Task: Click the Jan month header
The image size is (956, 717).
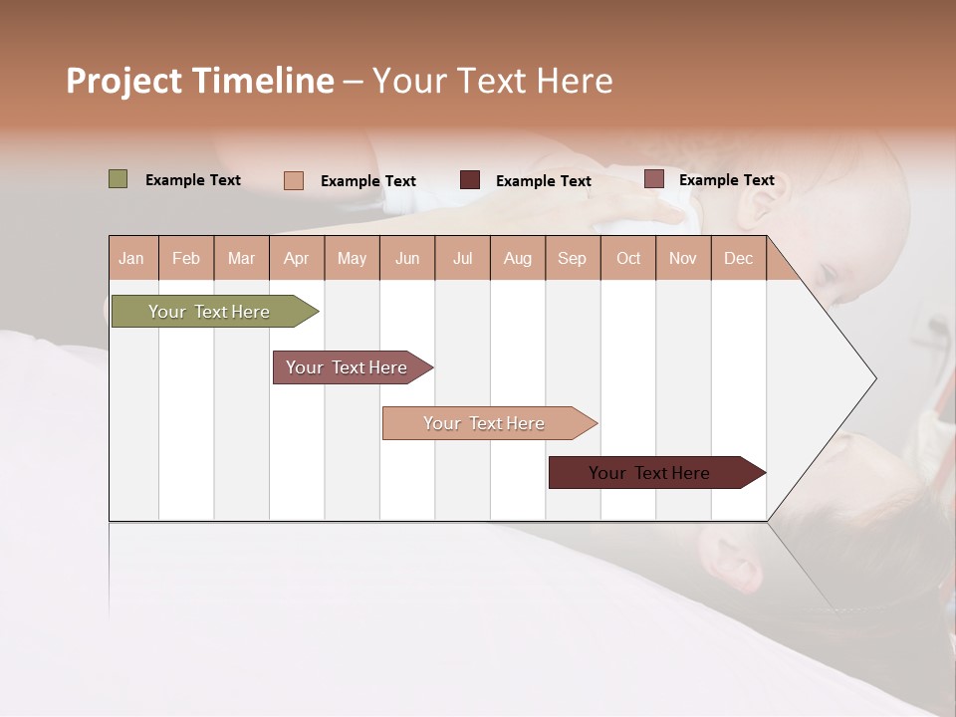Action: pos(131,259)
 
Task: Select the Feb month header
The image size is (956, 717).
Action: pos(186,259)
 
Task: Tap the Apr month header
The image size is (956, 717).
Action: pos(296,259)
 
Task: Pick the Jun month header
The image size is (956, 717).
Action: pos(407,259)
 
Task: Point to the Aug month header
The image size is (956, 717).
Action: pos(517,259)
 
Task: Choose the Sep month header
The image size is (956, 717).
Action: pos(572,259)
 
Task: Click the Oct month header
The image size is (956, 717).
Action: pos(628,259)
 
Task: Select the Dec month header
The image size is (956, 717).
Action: pos(738,259)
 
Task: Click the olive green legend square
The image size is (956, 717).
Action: pos(118,179)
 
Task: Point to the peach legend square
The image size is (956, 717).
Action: pos(294,180)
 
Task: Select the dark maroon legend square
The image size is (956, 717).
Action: pos(470,179)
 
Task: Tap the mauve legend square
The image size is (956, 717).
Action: pos(653,179)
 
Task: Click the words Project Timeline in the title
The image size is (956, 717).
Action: pos(199,81)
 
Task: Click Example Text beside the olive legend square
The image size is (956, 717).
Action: pos(193,180)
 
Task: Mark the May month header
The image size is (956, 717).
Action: pos(352,259)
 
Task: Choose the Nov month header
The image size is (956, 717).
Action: pos(683,259)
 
